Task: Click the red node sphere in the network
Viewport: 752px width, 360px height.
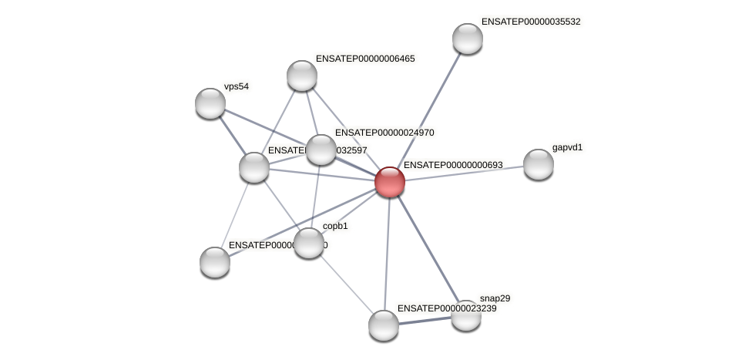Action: click(390, 182)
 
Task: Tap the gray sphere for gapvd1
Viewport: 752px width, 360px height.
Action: click(539, 163)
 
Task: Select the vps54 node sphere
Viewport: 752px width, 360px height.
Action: click(210, 103)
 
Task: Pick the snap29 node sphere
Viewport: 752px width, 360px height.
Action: click(465, 315)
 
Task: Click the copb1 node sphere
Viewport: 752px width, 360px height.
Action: click(309, 243)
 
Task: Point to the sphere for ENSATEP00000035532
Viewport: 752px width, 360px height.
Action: click(468, 39)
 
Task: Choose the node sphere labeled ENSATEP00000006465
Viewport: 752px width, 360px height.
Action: click(302, 76)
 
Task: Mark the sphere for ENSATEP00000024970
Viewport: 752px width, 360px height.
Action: click(321, 150)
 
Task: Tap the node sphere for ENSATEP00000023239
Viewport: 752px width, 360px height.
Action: click(384, 325)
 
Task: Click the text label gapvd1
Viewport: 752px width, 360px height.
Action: click(567, 147)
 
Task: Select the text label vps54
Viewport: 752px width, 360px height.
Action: click(236, 86)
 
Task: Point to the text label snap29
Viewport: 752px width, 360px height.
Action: click(495, 298)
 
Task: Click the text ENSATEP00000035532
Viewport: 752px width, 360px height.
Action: click(530, 22)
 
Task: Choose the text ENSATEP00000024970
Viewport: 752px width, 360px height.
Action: click(384, 133)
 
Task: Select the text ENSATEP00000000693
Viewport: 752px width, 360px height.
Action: click(453, 165)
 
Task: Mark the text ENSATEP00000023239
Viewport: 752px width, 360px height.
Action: click(447, 308)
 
